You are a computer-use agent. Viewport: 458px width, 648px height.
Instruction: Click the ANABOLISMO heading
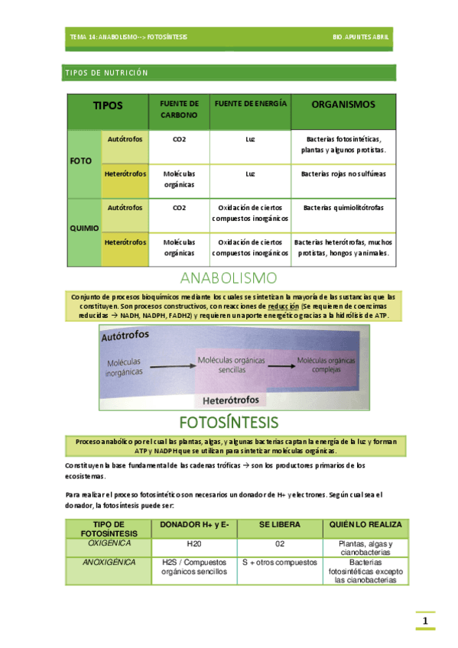coord(229,277)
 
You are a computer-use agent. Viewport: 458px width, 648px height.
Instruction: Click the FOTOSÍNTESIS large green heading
coord(229,422)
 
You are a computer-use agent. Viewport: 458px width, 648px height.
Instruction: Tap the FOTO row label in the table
coord(81,163)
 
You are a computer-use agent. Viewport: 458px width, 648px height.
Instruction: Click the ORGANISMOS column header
coord(343,104)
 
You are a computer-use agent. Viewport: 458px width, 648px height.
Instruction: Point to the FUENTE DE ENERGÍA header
coord(249,103)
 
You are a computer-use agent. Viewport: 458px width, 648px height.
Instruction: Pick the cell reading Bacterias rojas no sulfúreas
coord(343,174)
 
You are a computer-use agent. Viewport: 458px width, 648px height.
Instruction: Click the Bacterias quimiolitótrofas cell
coord(343,208)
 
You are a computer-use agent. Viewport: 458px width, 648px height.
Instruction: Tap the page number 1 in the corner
coord(425,620)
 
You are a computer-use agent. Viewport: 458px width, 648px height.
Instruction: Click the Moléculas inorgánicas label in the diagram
coord(124,367)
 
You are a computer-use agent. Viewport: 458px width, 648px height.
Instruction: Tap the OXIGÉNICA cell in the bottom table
coord(109,543)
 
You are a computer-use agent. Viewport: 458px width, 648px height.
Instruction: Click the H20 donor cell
coord(195,544)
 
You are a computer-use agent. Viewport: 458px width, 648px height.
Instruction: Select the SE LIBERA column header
coord(280,525)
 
